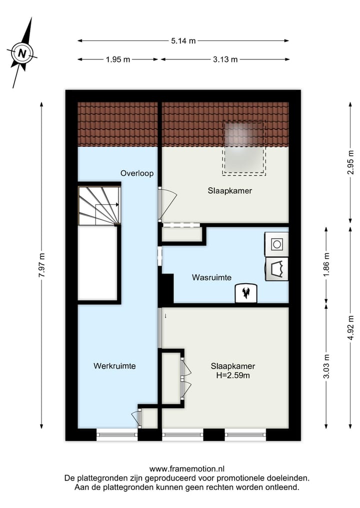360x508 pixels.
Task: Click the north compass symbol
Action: pos(21,52)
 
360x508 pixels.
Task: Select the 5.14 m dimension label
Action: pos(182,41)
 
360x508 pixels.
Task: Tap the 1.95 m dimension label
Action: pos(118,59)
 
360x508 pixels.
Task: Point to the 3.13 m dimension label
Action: pos(225,59)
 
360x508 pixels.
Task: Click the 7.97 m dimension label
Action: pos(41,265)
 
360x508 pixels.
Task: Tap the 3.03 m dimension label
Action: pos(326,367)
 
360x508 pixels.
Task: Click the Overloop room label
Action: pos(136,173)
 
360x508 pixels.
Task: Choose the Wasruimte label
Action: pos(211,278)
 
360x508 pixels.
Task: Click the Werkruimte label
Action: pos(114,366)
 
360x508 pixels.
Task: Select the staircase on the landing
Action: pos(99,205)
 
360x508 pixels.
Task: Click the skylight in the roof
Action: pos(244,148)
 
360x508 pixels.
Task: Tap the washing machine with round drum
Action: pos(276,244)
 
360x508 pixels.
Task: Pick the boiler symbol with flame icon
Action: pos(246,293)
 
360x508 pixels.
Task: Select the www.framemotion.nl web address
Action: pos(186,469)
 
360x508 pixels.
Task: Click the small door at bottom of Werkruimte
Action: pos(136,417)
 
